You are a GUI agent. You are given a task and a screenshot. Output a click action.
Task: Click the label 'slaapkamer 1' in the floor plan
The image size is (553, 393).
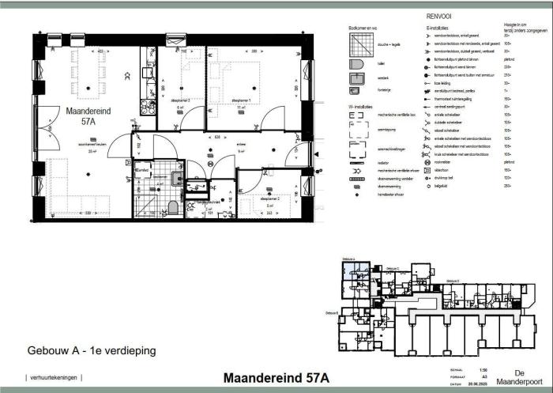point(240,101)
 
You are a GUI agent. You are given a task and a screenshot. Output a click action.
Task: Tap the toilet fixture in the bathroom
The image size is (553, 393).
point(172,208)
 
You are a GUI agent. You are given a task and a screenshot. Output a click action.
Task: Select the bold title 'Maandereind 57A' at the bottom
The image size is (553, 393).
point(276,377)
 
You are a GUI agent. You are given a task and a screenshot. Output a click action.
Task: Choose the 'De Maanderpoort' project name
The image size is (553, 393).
point(519,376)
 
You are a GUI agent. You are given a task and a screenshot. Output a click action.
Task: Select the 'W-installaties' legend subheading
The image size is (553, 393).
point(363,105)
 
